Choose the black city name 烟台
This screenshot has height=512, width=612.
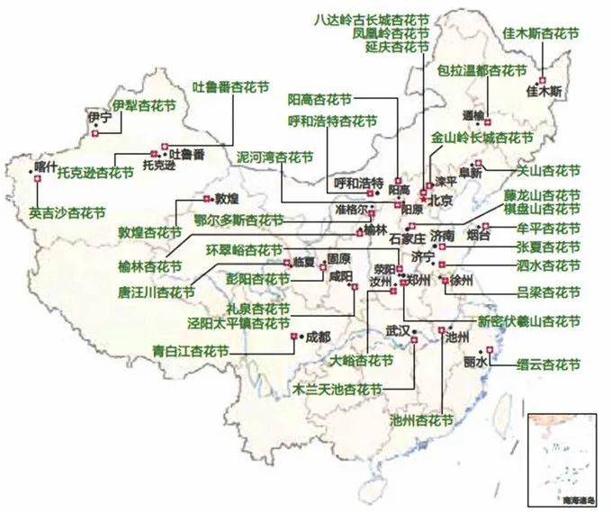coord(479,236)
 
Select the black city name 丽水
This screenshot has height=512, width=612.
coord(476,362)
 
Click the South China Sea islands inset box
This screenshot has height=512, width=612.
coord(562,458)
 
